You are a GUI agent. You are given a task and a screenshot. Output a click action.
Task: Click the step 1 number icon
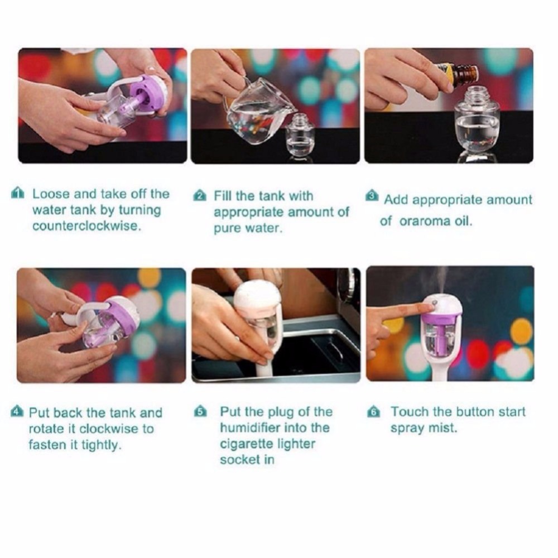(x=18, y=194)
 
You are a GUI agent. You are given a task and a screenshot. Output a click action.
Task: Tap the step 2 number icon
(x=200, y=196)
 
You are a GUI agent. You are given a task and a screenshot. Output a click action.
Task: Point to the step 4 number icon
(x=17, y=413)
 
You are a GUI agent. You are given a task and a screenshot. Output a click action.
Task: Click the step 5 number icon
(x=200, y=413)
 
